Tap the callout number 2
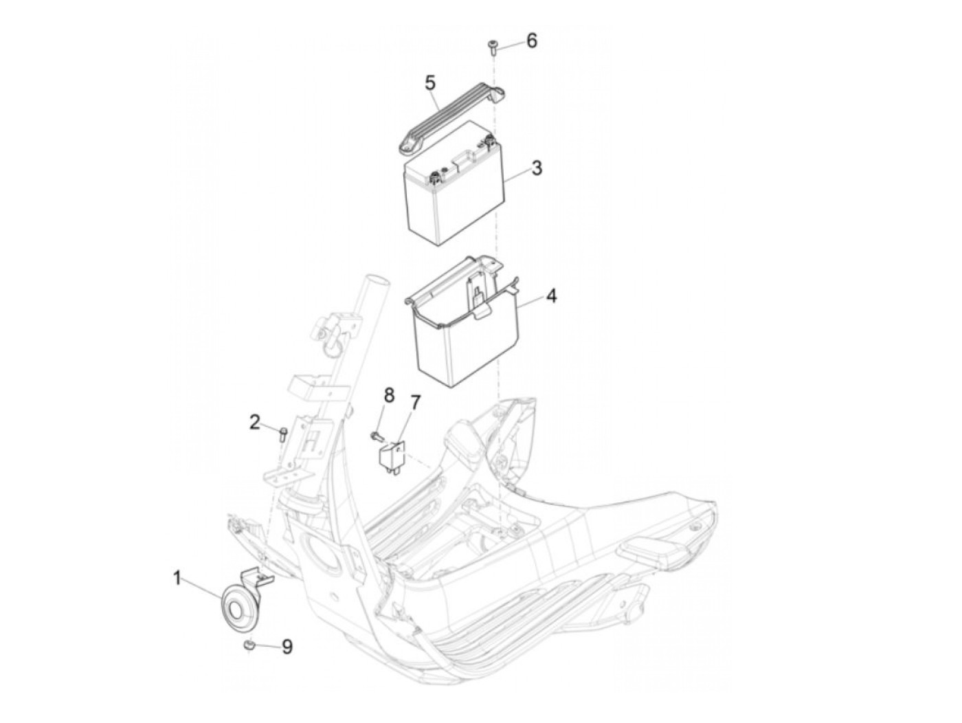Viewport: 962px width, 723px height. tap(255, 422)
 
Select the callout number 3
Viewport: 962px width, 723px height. tap(537, 167)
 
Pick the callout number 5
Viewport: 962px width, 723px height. tap(430, 83)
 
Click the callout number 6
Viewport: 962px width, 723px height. tap(532, 41)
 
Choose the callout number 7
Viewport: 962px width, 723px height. tap(414, 401)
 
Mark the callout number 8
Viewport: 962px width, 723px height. tap(389, 395)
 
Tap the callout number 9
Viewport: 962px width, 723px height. tap(286, 646)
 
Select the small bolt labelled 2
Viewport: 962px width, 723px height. tap(283, 433)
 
